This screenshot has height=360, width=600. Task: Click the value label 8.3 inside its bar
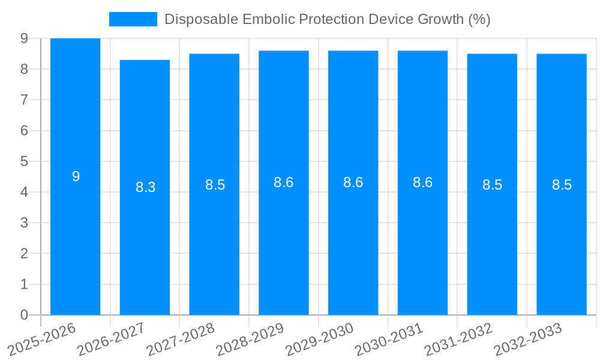pos(145,187)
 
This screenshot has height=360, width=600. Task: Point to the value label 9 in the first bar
pos(76,176)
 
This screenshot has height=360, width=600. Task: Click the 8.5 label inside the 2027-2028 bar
pos(215,185)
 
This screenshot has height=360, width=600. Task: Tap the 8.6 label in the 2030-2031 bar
pos(422,182)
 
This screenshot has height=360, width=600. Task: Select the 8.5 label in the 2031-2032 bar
pos(492,185)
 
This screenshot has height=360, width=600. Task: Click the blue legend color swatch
pos(133,19)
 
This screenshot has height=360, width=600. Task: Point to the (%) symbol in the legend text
pos(479,19)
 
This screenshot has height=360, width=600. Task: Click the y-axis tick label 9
pos(24,38)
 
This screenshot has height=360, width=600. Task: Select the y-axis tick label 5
pos(24,161)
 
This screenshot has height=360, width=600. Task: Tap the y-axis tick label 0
pos(24,315)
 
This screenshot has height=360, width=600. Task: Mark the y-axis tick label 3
pos(24,223)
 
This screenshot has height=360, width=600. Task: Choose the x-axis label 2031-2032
pos(458,340)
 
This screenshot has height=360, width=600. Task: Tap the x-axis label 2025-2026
pos(42,340)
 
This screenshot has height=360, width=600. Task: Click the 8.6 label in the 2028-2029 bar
pos(283,182)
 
